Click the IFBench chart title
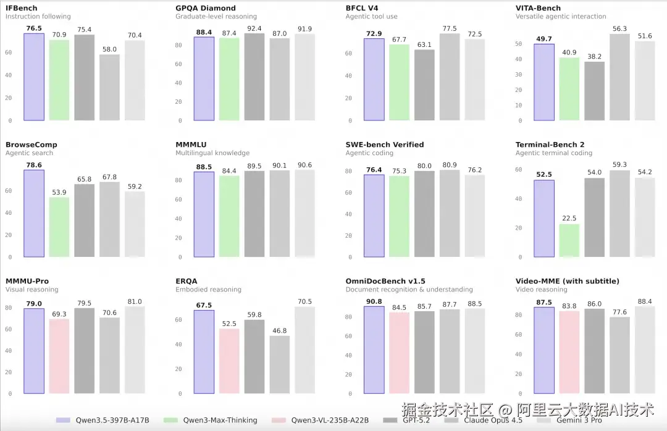tap(22, 8)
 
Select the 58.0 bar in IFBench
tap(110, 87)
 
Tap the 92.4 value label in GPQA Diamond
tap(254, 28)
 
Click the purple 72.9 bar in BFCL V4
tap(374, 80)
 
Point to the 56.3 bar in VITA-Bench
tap(620, 77)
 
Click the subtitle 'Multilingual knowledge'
tap(212, 153)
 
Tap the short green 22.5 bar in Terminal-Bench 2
tap(569, 240)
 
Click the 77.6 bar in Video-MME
tap(620, 355)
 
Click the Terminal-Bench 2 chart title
tap(550, 144)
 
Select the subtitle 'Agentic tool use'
tap(372, 17)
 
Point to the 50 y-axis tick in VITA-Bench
tap(519, 44)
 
